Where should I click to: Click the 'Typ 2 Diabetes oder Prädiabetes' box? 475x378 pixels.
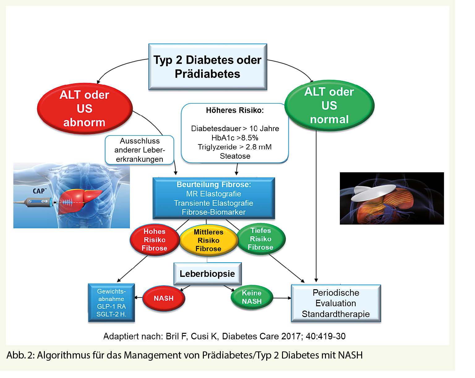[208, 67]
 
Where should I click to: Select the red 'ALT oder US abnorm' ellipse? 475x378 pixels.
[84, 109]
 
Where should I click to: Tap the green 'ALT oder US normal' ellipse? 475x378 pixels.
[329, 105]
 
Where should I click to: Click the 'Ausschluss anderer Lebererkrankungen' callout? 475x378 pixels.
[139, 150]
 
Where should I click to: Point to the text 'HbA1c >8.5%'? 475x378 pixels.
[235, 138]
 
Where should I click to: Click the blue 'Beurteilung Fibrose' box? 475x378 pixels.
[214, 198]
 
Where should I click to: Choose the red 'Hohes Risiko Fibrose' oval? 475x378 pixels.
[154, 240]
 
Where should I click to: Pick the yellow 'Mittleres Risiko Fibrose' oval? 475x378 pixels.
[208, 240]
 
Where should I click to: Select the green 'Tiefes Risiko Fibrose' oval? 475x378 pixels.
[261, 239]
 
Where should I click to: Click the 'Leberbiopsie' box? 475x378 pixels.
[207, 274]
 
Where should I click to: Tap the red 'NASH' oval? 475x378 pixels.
[164, 298]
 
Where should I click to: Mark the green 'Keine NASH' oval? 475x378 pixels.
[252, 297]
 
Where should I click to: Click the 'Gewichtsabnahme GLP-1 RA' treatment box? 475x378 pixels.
[111, 303]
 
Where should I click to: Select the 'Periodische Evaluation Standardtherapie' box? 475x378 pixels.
[336, 303]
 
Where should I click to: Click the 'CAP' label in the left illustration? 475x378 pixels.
[39, 191]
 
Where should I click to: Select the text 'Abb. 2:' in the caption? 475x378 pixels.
[20, 355]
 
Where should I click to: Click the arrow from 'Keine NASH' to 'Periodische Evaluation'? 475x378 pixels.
[282, 298]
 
